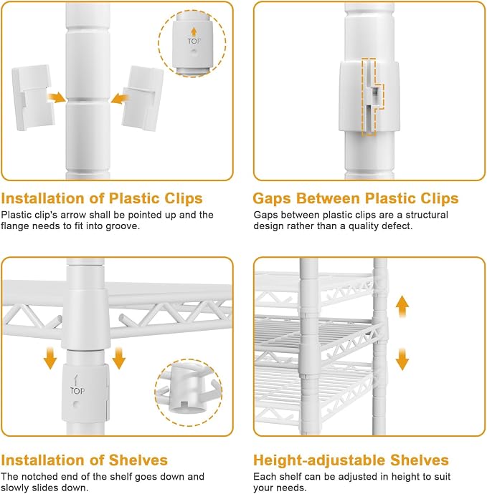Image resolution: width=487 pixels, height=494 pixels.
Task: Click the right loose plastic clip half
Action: [x=143, y=98]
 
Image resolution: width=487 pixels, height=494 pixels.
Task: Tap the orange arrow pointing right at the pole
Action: [x=57, y=97]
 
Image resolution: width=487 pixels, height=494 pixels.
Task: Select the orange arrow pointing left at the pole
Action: [x=120, y=99]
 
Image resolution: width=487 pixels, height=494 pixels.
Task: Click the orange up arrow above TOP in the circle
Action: [x=194, y=32]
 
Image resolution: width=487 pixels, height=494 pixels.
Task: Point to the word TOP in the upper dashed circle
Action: [x=194, y=42]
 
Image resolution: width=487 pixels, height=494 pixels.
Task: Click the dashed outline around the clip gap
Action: [x=372, y=97]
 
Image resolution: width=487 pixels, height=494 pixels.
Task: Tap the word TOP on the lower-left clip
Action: [x=77, y=391]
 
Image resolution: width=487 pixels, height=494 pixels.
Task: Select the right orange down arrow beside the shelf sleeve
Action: [x=118, y=358]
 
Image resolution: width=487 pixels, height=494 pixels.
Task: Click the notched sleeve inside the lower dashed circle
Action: [x=186, y=392]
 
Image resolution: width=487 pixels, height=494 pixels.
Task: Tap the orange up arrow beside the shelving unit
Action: [x=402, y=306]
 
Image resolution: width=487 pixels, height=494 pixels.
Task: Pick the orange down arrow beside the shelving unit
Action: [x=402, y=359]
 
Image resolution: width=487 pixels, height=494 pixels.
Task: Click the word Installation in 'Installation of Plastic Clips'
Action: [x=43, y=198]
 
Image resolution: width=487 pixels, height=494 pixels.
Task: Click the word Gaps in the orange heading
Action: [x=275, y=199]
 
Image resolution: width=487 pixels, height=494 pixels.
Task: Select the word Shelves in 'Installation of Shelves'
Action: [x=138, y=460]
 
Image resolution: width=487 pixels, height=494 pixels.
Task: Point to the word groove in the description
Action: [x=123, y=226]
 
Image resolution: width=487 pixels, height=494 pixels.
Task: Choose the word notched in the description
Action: [x=39, y=476]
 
